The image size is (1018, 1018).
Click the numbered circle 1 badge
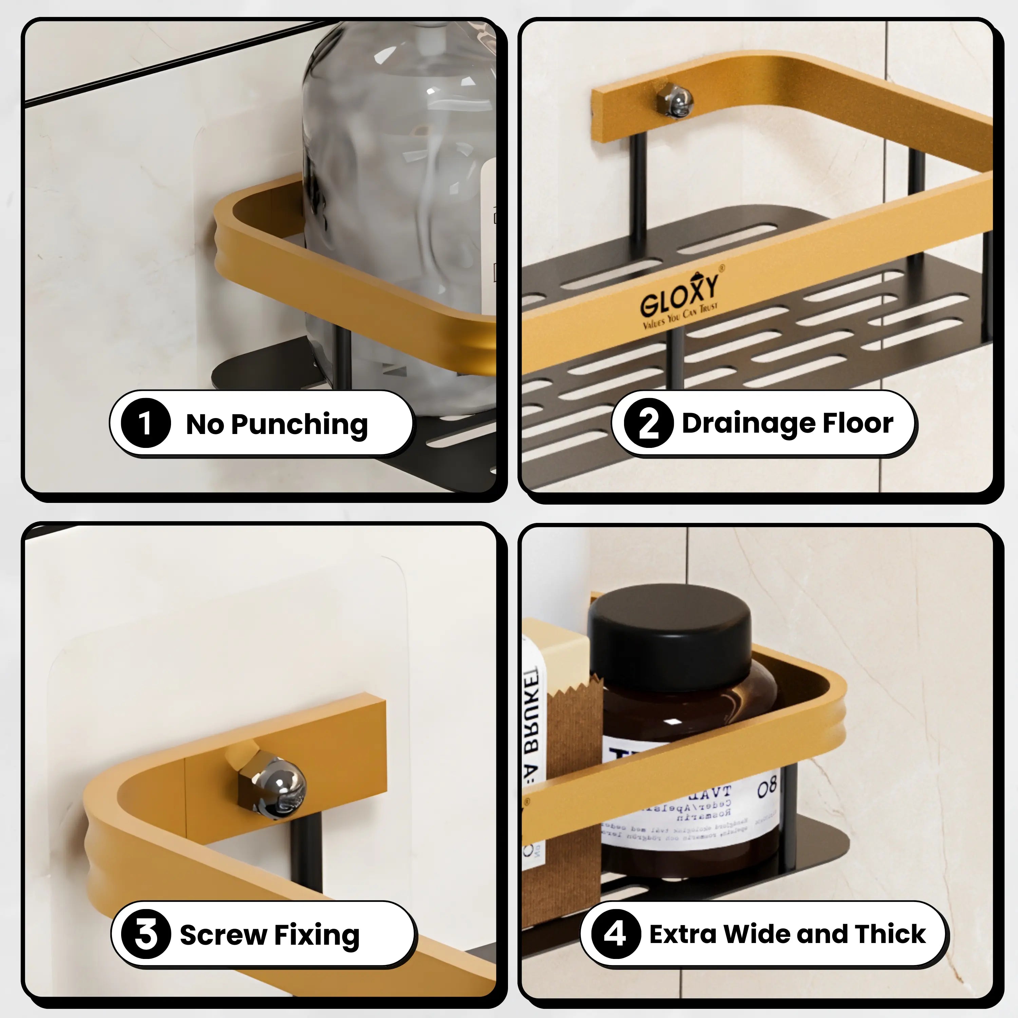coord(146,423)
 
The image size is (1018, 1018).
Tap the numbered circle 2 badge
coord(648,423)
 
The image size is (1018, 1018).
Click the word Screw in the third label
coord(223,935)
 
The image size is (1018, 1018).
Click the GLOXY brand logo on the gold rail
coord(680,299)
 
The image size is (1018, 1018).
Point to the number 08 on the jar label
coord(767,788)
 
